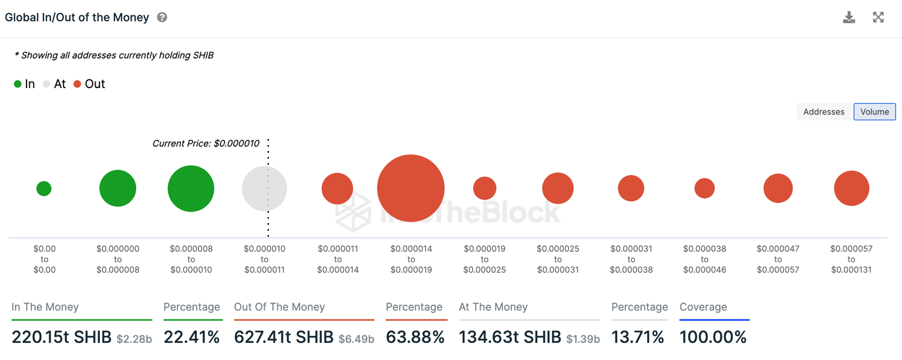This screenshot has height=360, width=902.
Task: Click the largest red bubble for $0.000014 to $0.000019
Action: (x=410, y=188)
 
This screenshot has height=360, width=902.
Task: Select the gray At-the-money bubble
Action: (x=264, y=189)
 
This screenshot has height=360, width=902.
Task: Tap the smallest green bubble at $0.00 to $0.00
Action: (x=44, y=189)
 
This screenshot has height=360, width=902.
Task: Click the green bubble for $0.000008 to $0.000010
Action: (x=191, y=189)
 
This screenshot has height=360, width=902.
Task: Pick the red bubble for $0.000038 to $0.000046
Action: (x=704, y=189)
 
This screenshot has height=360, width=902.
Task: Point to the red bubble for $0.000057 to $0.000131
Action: (x=851, y=189)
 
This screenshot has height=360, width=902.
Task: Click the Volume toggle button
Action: (x=874, y=112)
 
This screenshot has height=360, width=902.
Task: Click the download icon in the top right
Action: (x=849, y=17)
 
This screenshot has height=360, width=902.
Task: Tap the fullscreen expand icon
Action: (x=878, y=17)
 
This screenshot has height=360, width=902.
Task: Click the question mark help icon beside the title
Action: (x=162, y=18)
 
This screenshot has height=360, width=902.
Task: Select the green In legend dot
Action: (x=18, y=84)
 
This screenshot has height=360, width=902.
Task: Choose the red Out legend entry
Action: (x=89, y=84)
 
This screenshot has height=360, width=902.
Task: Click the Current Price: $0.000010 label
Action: (x=206, y=143)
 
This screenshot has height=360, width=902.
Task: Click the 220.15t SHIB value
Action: (x=62, y=337)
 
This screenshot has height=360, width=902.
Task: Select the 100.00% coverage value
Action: (x=713, y=337)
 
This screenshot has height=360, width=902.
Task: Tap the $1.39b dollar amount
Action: (x=583, y=339)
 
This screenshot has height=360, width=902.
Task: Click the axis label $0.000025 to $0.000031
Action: (x=557, y=259)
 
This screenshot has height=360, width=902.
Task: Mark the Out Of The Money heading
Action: (x=280, y=307)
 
